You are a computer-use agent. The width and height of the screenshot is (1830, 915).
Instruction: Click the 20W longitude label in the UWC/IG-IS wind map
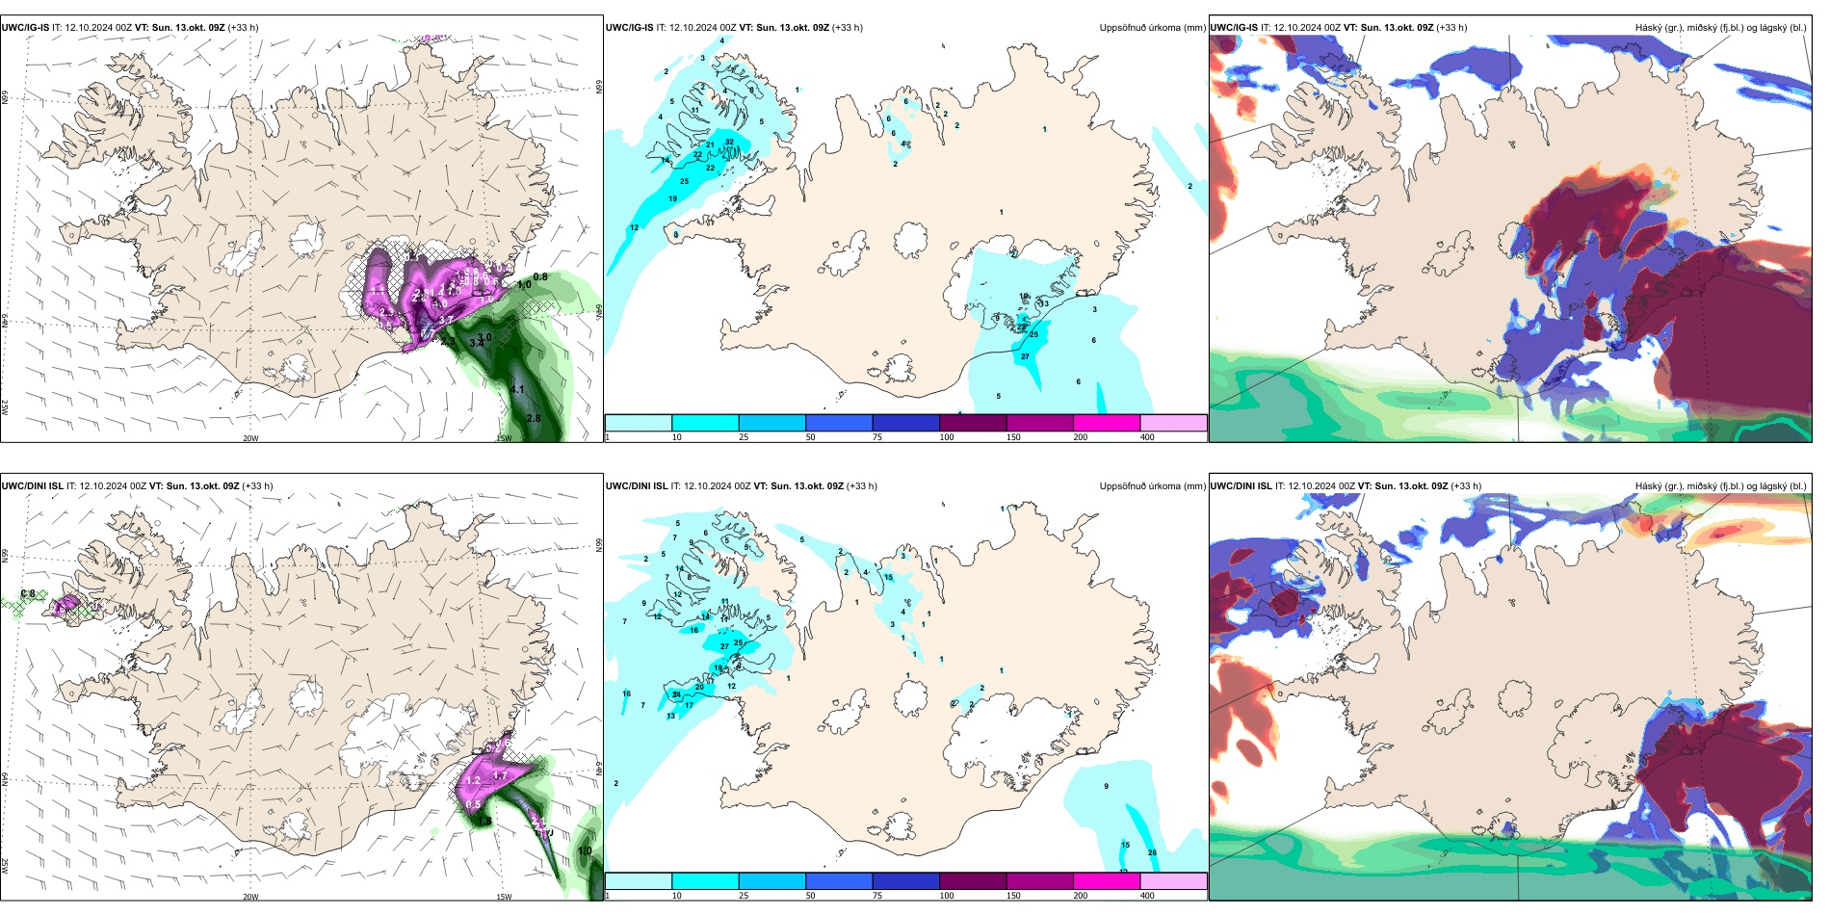250,438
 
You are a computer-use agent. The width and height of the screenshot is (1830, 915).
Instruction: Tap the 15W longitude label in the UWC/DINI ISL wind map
504,897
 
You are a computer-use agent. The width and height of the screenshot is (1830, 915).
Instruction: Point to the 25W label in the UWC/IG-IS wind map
5,407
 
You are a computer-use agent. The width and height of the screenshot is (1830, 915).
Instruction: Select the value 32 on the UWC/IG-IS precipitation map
729,143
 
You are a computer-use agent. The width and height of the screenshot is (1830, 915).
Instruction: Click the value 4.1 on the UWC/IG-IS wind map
517,390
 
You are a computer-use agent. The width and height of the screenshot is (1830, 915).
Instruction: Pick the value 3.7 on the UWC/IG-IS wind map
446,320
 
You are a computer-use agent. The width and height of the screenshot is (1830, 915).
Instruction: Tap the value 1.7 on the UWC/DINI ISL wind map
500,775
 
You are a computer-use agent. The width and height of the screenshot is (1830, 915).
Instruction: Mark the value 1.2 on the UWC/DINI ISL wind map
473,781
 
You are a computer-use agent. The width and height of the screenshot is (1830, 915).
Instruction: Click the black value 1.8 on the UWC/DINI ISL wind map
484,822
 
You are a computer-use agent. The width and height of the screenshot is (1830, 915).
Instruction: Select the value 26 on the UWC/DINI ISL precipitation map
1152,852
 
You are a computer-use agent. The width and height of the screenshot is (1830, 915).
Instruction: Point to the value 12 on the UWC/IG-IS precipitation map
634,228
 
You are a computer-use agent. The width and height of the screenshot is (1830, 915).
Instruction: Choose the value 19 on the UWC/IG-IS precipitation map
672,199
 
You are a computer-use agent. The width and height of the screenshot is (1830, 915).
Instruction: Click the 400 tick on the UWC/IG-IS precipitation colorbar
1147,437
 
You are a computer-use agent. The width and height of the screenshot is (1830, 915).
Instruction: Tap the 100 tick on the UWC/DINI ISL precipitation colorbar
947,896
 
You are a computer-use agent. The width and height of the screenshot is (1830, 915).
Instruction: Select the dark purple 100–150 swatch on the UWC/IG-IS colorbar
972,423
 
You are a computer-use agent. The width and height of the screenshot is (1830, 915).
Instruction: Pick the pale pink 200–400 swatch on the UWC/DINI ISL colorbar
1173,881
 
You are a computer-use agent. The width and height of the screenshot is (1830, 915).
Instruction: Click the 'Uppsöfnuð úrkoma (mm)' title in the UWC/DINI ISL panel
1152,486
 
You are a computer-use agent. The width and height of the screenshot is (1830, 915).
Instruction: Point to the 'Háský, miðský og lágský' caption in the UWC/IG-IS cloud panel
1720,28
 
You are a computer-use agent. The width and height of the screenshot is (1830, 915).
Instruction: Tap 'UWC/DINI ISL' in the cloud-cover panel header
1241,486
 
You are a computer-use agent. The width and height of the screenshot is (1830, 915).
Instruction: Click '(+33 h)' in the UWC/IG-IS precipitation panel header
848,28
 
